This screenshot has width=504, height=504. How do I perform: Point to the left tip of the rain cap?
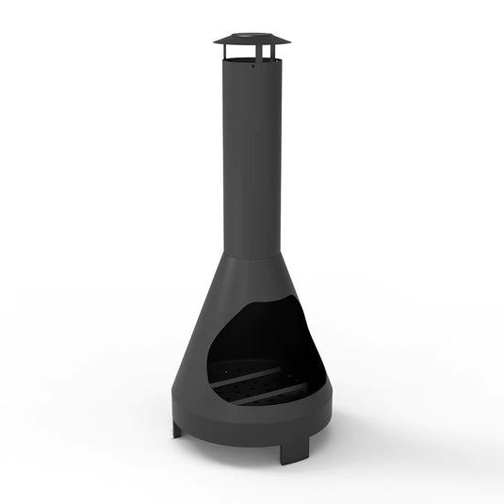216,41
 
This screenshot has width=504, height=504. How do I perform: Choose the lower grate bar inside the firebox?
268,395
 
